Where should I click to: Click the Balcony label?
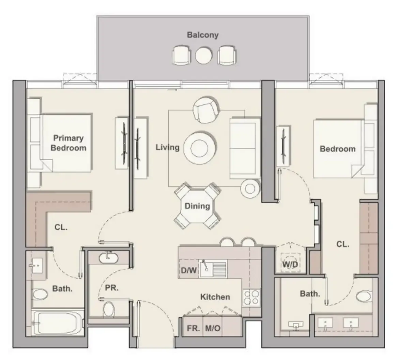click(202, 35)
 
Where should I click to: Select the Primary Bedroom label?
click(68, 143)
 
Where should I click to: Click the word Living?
click(167, 147)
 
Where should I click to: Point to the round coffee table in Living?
click(199, 148)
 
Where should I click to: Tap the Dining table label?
click(197, 206)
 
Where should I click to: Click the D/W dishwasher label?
click(188, 270)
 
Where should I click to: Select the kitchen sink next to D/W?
click(213, 269)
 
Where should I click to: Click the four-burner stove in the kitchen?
click(251, 297)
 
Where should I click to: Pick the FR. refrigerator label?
click(193, 328)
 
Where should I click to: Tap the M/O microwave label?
click(213, 328)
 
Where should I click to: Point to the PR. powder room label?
click(112, 288)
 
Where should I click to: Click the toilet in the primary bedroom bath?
click(40, 294)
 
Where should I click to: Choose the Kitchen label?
click(215, 297)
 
